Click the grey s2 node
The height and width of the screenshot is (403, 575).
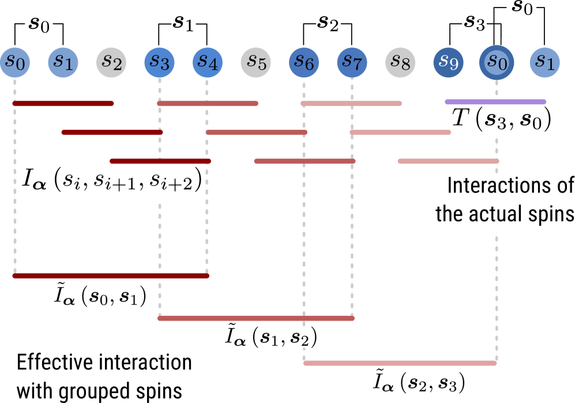111,62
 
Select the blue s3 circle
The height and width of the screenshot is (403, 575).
160,62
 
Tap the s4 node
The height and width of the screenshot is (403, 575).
208,62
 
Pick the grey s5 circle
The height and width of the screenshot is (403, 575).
256,62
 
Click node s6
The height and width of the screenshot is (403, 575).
304,62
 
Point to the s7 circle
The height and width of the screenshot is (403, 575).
352,62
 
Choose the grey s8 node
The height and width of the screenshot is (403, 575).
400,62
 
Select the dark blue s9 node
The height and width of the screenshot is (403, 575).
448,62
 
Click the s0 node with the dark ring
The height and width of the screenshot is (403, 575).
497,62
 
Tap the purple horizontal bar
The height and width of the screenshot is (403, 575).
495,102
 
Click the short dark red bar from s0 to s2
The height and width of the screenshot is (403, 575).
63,104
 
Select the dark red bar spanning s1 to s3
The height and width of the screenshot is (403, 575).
112,133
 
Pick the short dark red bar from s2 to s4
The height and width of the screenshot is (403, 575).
160,161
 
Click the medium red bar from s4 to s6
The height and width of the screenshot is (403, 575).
256,133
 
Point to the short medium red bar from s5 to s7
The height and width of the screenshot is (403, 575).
305,161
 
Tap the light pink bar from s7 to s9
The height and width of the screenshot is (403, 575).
400,133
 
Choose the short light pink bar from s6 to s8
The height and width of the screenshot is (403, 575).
351,104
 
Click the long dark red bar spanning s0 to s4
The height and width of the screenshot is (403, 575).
111,276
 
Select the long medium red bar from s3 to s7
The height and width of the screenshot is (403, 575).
256,318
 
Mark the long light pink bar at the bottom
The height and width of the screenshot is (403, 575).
400,363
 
